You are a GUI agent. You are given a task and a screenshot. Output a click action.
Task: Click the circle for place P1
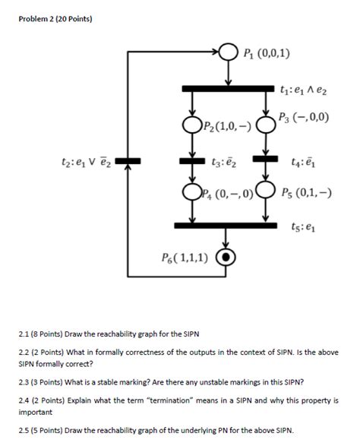229,52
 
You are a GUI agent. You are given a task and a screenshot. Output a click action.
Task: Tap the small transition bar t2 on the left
128,160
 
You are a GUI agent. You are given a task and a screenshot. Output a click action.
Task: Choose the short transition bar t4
266,160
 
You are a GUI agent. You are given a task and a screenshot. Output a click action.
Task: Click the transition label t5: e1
301,226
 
